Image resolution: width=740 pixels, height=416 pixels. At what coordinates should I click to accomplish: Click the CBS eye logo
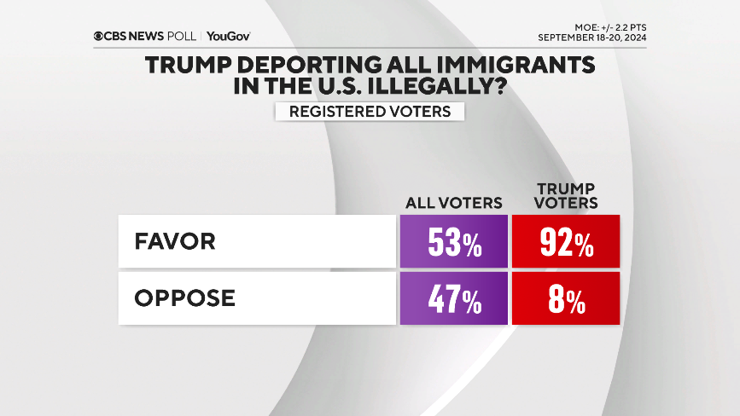pos(98,37)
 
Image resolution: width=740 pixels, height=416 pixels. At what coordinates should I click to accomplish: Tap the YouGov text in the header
pos(229,37)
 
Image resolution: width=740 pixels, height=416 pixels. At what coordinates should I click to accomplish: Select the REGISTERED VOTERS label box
pos(370,112)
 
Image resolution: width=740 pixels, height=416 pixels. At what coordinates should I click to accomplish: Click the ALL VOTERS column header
pos(453,203)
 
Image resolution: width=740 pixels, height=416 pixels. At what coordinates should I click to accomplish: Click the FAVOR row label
pos(175,241)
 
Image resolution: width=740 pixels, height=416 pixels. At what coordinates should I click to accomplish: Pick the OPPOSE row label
pos(184,298)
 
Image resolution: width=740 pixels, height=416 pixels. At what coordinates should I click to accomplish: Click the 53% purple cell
pos(453,242)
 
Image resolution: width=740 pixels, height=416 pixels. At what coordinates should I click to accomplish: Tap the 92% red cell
pos(565,242)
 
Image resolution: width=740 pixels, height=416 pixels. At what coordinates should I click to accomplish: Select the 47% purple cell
pos(453,299)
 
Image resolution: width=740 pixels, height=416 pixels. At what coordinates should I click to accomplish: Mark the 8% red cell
pos(565,299)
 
